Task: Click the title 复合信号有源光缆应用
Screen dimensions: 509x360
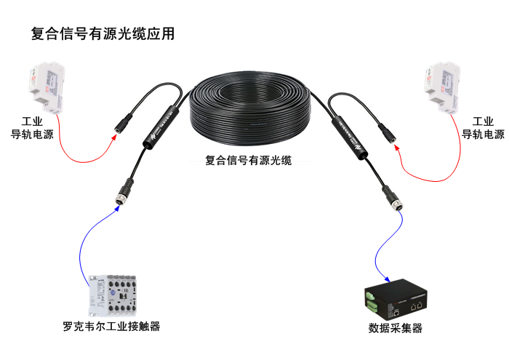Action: [x=103, y=33]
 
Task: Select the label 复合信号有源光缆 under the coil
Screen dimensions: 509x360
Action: [x=249, y=160]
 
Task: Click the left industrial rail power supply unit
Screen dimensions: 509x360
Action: [x=47, y=87]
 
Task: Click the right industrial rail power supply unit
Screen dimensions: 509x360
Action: [x=443, y=87]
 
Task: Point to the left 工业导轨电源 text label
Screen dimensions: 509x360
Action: [x=32, y=128]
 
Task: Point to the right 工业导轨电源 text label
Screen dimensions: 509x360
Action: [x=483, y=128]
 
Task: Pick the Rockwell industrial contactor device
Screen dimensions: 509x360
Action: [x=112, y=295]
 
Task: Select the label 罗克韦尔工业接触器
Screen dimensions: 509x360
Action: [x=111, y=327]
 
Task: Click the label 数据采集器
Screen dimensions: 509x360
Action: [x=395, y=328]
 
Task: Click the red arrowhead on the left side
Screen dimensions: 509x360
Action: [x=113, y=137]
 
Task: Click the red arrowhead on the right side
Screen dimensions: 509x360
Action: [x=397, y=148]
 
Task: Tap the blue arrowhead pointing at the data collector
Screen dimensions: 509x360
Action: [x=387, y=279]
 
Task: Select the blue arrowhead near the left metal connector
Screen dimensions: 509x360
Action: [x=117, y=208]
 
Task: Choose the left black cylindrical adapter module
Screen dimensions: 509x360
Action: [x=161, y=127]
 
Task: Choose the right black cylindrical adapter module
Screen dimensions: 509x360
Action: [x=349, y=138]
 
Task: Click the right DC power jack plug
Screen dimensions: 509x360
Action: [x=387, y=132]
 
